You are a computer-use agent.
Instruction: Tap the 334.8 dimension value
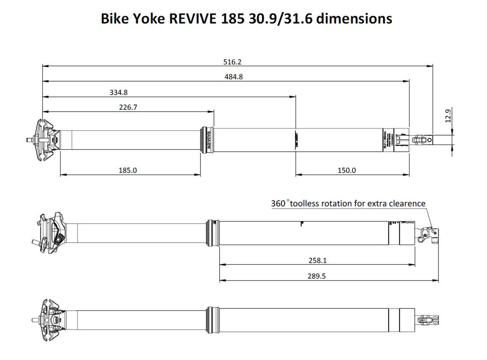(119, 92)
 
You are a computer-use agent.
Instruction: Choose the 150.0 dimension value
(346, 170)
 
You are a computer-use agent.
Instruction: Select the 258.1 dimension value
(317, 261)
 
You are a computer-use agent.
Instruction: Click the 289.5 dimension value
(317, 276)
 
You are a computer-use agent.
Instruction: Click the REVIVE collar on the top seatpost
(207, 140)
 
